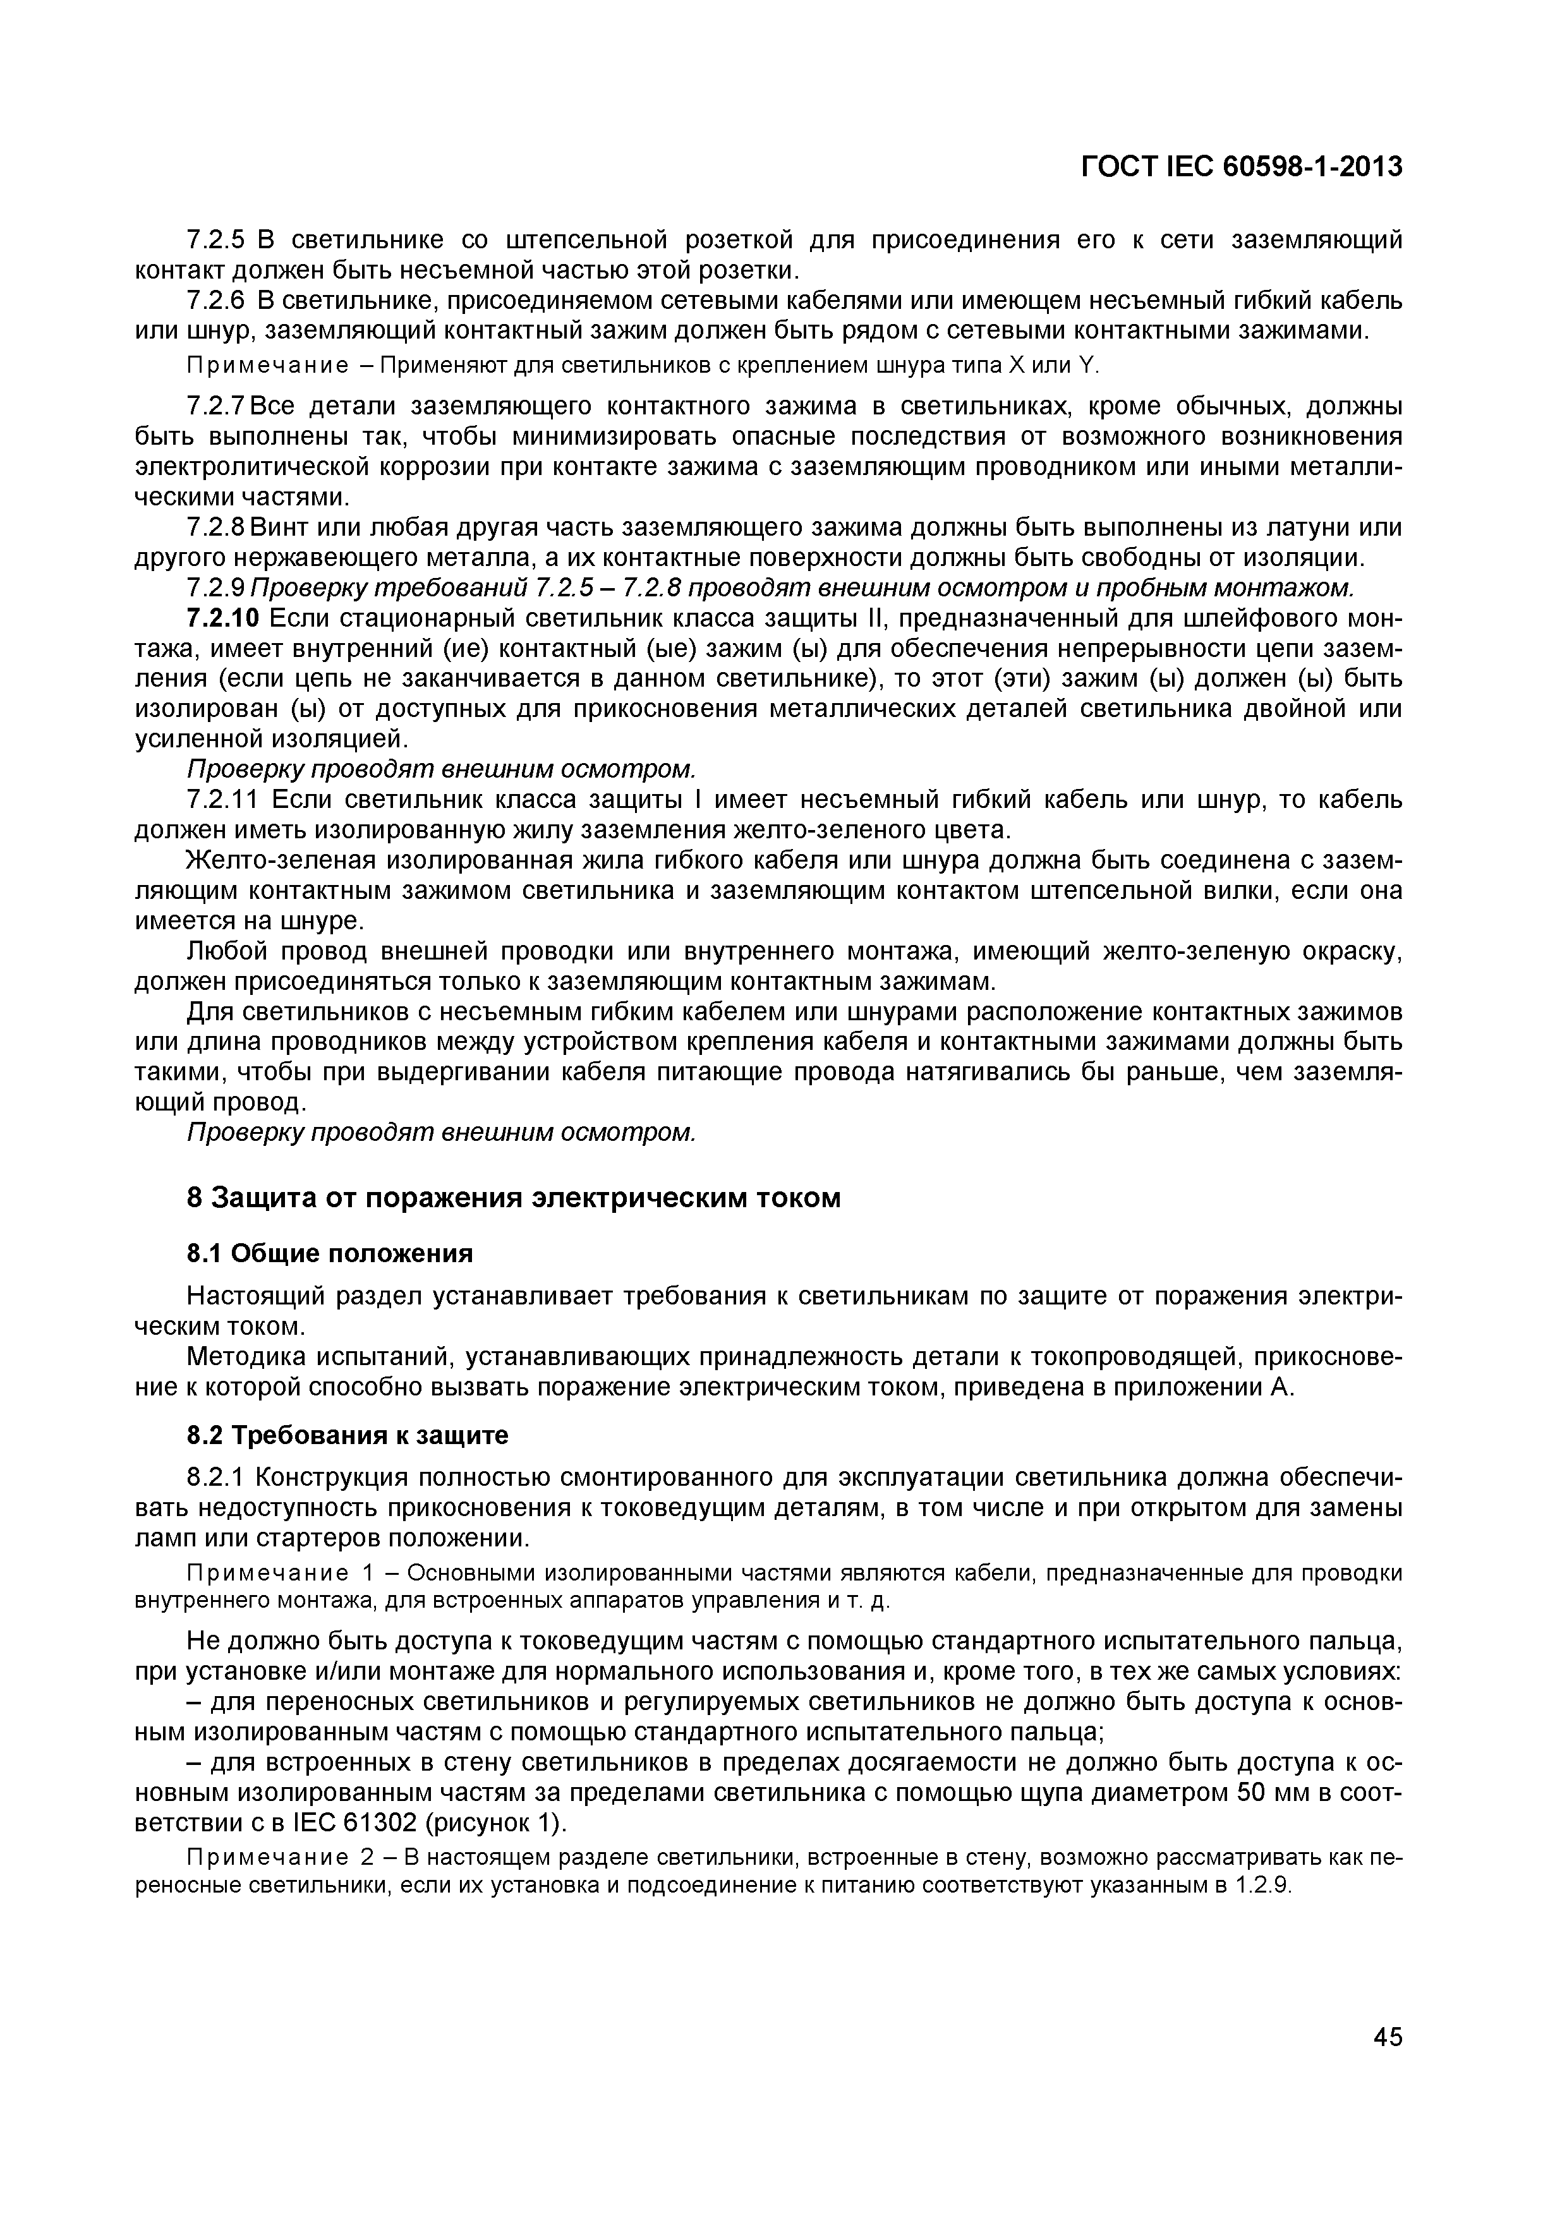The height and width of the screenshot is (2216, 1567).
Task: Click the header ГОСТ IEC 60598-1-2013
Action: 1241,167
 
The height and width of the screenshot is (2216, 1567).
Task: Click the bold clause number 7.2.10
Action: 222,618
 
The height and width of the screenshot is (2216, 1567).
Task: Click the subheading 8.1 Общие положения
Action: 329,1254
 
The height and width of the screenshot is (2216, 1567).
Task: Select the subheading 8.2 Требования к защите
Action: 347,1436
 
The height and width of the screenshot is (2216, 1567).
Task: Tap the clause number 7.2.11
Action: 222,800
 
